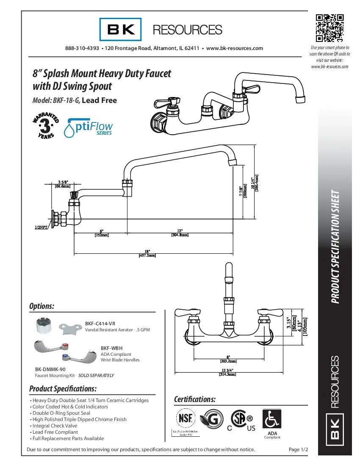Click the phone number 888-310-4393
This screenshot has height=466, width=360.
pyautogui.click(x=82, y=48)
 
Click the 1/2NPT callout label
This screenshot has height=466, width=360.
pyautogui.click(x=42, y=227)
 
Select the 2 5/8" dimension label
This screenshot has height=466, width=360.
pyautogui.click(x=62, y=184)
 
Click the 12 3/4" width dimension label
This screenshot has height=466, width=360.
pyautogui.click(x=227, y=372)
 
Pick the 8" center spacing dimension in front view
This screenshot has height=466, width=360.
pyautogui.click(x=228, y=359)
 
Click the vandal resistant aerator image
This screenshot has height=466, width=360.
pyautogui.click(x=46, y=326)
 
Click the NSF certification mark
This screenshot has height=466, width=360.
pyautogui.click(x=187, y=418)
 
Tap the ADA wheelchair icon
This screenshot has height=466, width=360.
pyautogui.click(x=272, y=419)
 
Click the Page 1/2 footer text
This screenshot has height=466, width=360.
pyautogui.click(x=298, y=449)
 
